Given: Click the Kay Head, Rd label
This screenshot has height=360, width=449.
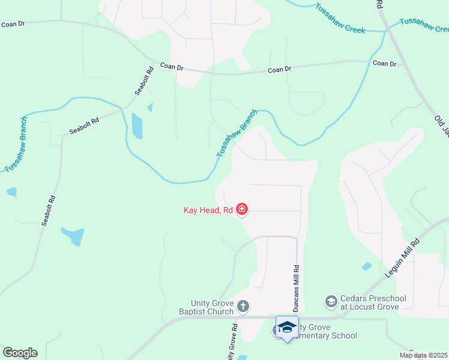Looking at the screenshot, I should click(x=208, y=210).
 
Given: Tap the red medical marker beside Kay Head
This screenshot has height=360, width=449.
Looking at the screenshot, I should click(x=242, y=209).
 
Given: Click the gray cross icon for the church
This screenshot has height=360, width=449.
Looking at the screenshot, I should click(x=243, y=307).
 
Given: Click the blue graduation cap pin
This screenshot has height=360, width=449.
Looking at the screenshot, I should click(x=287, y=328).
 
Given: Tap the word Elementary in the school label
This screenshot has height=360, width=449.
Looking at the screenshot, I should click(x=318, y=336).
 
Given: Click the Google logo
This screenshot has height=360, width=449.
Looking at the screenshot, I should click(x=20, y=353).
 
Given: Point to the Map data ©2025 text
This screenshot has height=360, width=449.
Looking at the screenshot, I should click(x=423, y=355).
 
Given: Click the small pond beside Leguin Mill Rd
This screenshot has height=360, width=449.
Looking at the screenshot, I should click(x=367, y=266).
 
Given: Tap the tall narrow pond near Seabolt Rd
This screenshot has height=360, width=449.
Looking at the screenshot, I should click(x=137, y=126).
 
